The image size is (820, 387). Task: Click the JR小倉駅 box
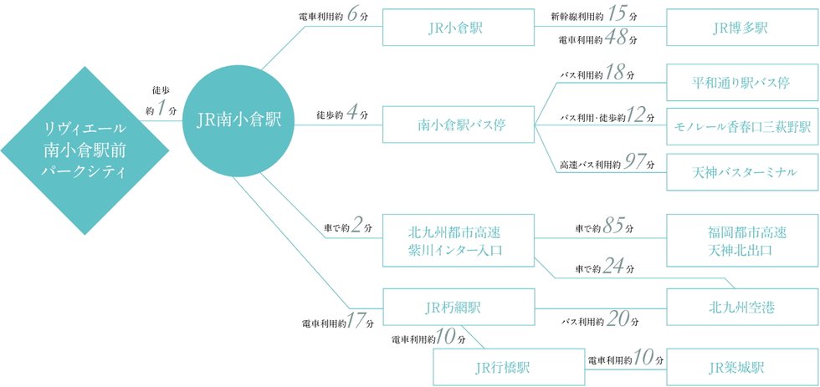point(459,27)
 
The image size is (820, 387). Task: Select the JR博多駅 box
point(742,27)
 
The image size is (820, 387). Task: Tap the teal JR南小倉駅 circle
point(238,120)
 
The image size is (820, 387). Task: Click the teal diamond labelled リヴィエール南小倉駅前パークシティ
point(85,150)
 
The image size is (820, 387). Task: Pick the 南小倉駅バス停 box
point(459,125)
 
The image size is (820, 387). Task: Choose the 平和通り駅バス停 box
point(742,82)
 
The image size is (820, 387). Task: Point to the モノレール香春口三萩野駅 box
point(742,127)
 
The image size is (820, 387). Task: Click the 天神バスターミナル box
point(742,172)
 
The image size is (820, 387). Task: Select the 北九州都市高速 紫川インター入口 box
point(459,240)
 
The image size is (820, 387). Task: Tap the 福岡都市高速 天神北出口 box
point(742,240)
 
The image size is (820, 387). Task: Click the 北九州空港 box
point(742,307)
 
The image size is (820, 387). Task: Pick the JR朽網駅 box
point(459,307)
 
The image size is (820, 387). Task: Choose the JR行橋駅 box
point(510,367)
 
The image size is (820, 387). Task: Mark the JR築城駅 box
point(742,367)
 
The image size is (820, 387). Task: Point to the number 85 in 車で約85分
point(613,227)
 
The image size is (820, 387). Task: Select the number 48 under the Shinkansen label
point(617,38)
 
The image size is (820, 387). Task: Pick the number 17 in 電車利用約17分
point(356,321)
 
